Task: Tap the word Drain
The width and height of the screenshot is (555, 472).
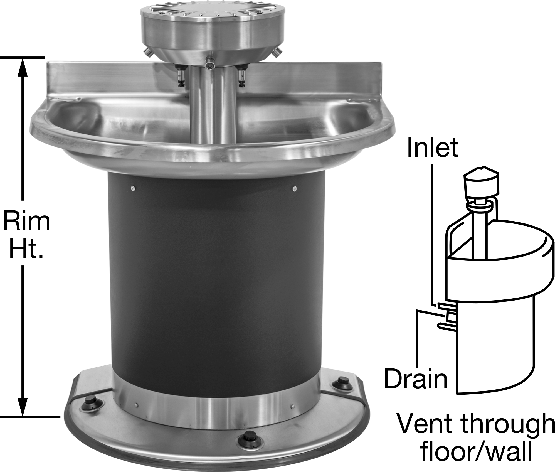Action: click(x=416, y=378)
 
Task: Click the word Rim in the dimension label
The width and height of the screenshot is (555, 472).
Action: click(x=26, y=221)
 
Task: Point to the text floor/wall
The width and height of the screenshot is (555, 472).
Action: click(x=476, y=451)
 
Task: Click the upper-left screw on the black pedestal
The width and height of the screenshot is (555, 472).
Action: click(x=133, y=189)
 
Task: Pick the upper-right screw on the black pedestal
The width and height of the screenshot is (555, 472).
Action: click(x=295, y=189)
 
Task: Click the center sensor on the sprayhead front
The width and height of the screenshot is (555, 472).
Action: click(x=209, y=65)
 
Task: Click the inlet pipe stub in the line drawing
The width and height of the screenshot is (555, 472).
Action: click(x=446, y=306)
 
